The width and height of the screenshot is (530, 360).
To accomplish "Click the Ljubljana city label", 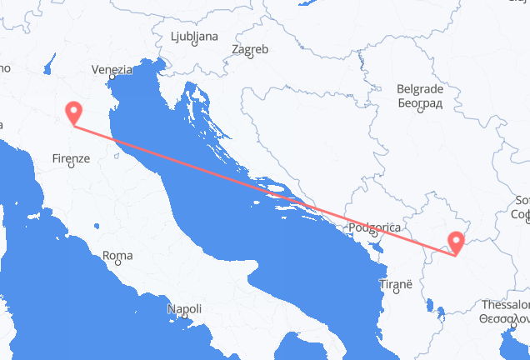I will (x=194, y=37).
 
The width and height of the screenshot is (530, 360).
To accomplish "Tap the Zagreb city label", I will (x=250, y=49).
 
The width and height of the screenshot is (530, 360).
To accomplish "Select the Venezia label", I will (x=112, y=70).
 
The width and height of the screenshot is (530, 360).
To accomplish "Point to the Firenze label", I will (x=71, y=157).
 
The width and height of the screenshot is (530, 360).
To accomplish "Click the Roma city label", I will (x=117, y=255).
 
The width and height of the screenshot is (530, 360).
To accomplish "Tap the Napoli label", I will (x=183, y=309).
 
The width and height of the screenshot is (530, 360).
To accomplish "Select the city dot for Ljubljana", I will (x=193, y=47).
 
